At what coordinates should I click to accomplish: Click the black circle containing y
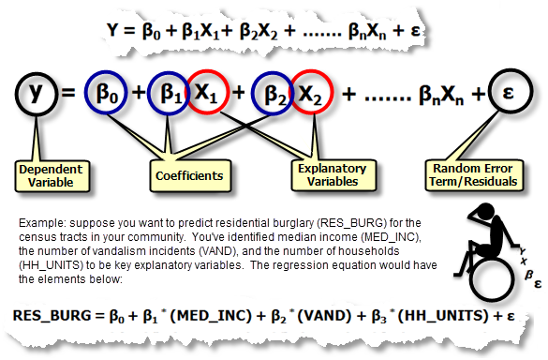pyautogui.click(x=37, y=94)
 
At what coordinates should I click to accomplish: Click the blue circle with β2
pyautogui.click(x=274, y=94)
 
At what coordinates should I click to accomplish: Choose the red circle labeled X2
pyautogui.click(x=313, y=94)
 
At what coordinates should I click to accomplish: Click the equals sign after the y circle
pyautogui.click(x=70, y=95)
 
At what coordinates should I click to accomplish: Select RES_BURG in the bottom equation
pyautogui.click(x=56, y=316)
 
